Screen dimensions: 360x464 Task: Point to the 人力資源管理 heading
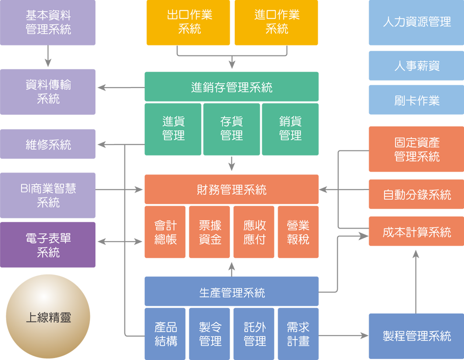[417, 22]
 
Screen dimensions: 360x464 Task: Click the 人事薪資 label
[417, 66]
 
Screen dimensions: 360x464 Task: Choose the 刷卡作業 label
[417, 101]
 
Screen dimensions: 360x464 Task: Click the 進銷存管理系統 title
[232, 88]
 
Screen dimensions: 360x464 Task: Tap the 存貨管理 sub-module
[232, 128]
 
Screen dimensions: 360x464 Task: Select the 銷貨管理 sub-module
[290, 128]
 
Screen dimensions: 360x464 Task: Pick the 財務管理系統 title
[232, 190]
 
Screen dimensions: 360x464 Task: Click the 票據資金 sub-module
[210, 232]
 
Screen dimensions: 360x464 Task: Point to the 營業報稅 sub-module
[298, 232]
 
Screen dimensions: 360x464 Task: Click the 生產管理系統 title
[232, 293]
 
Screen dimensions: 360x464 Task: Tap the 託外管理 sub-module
[255, 334]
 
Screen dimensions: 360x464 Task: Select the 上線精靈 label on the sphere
[48, 317]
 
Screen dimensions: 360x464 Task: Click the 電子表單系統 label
[48, 245]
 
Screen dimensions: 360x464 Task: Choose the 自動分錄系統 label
[417, 195]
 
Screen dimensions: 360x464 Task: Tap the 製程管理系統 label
[417, 336]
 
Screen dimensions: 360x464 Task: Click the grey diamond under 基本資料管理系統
[48, 56]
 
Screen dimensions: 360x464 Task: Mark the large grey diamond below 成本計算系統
[416, 280]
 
